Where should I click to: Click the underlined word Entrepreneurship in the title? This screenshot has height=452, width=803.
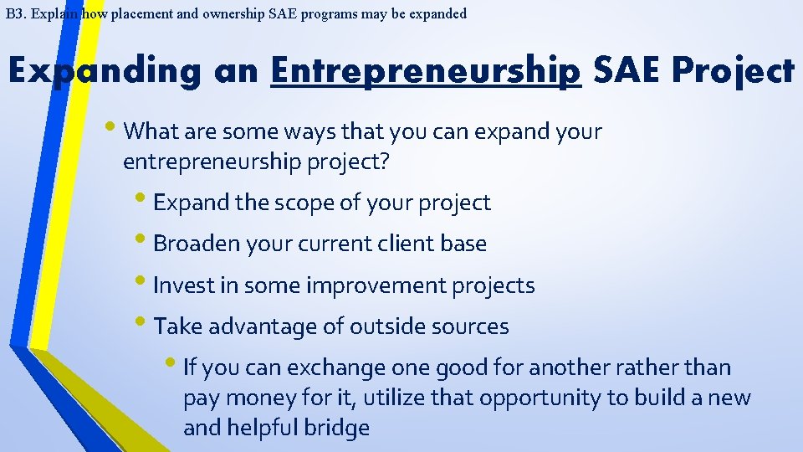(426, 72)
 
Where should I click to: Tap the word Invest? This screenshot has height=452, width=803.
(183, 285)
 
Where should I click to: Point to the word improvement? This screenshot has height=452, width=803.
(376, 285)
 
